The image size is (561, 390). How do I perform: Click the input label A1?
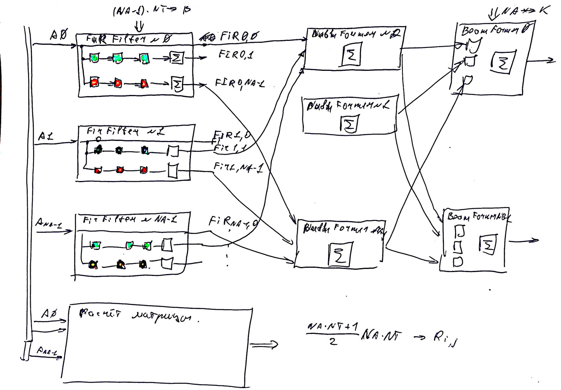pyautogui.click(x=46, y=137)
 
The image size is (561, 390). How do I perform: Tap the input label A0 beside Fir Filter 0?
pyautogui.click(x=58, y=36)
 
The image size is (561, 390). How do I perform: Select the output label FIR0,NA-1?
pyautogui.click(x=240, y=83)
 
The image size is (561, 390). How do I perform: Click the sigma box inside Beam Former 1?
pyautogui.click(x=349, y=124)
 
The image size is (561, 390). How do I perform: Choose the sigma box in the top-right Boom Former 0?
pyautogui.click(x=503, y=61)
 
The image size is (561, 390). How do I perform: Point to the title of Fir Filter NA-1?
pyautogui.click(x=130, y=220)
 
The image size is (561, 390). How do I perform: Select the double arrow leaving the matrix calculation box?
pyautogui.click(x=264, y=344)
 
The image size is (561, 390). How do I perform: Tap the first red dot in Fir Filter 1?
pyautogui.click(x=98, y=170)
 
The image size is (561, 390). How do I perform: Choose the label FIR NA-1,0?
pyautogui.click(x=234, y=223)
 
